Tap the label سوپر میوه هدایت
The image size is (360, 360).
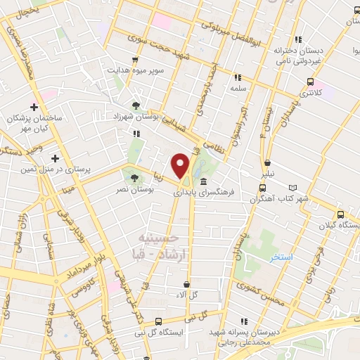pyautogui.click(x=136, y=70)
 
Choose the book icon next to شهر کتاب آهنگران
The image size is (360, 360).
pyautogui.click(x=293, y=188)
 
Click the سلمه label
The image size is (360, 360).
pyautogui.click(x=236, y=89)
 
